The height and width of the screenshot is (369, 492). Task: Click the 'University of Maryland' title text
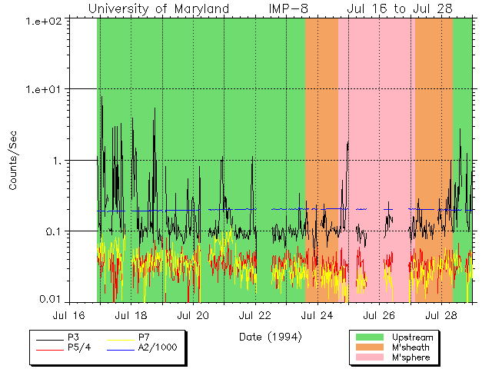pyautogui.click(x=158, y=8)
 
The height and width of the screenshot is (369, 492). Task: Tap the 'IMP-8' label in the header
pyautogui.click(x=288, y=8)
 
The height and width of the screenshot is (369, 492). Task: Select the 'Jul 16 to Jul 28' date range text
pyautogui.click(x=399, y=8)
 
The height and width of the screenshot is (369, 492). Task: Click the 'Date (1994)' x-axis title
pyautogui.click(x=270, y=337)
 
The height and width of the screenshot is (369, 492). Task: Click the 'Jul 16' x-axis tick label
pyautogui.click(x=69, y=315)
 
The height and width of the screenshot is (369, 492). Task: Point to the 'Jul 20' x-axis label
pyautogui.click(x=193, y=315)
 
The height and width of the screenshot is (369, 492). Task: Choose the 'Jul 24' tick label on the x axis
pyautogui.click(x=317, y=315)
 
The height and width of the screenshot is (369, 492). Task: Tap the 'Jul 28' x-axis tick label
pyautogui.click(x=440, y=315)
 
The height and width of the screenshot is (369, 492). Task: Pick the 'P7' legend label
pyautogui.click(x=145, y=337)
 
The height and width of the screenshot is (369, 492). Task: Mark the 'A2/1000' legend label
pyautogui.click(x=158, y=347)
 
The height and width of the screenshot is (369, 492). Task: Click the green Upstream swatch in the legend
pyautogui.click(x=371, y=337)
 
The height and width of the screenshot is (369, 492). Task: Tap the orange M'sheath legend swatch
pyautogui.click(x=371, y=347)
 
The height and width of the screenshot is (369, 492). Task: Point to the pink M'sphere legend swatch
pyautogui.click(x=371, y=358)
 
